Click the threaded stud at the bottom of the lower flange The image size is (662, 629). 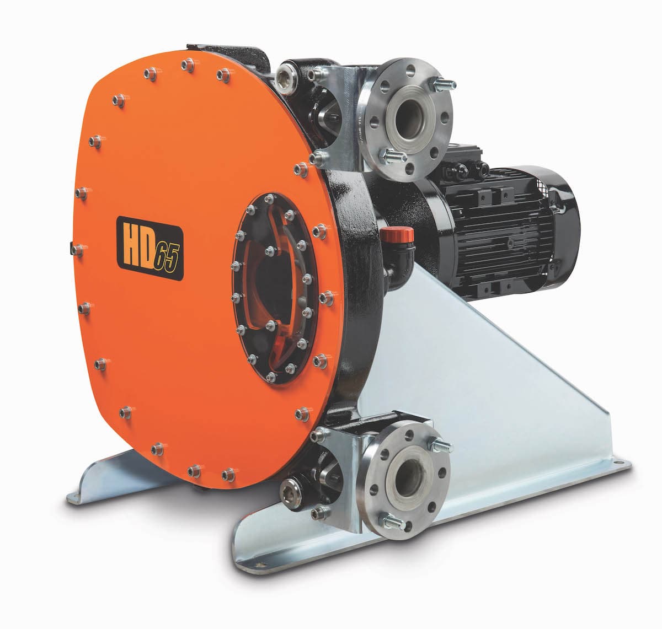[x=393, y=520]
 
